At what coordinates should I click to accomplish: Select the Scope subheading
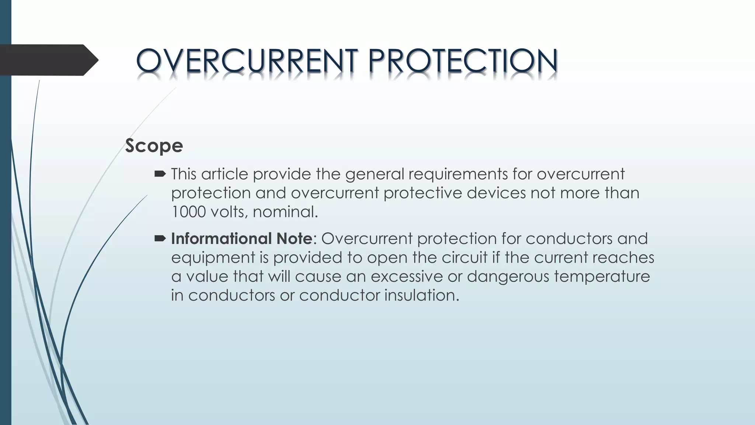click(154, 145)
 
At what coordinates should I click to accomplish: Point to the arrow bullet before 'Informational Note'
click(160, 239)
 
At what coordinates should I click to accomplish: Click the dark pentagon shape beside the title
click(48, 60)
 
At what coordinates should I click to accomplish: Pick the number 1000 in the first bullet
click(188, 212)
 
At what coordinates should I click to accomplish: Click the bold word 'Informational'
click(222, 239)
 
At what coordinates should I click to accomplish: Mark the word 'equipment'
click(213, 258)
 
